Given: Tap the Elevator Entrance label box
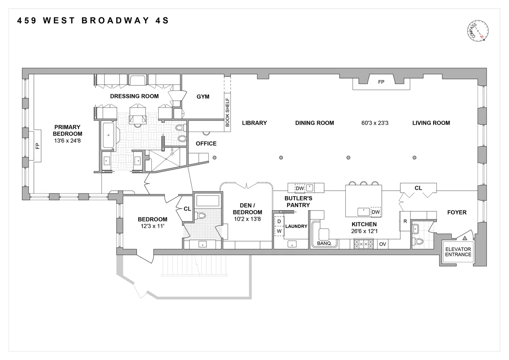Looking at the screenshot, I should [x=458, y=252].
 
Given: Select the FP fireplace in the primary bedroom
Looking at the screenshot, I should [x=37, y=145].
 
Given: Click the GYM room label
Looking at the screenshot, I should [x=203, y=97].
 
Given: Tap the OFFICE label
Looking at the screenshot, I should [x=206, y=143].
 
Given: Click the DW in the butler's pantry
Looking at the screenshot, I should [x=299, y=188].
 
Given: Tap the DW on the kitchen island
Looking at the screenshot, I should [x=375, y=212].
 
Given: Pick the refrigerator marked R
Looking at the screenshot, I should [x=405, y=221].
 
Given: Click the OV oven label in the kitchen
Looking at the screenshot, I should [x=382, y=244].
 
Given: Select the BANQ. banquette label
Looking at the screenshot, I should [x=324, y=244].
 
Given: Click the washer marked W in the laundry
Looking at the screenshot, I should [x=279, y=231].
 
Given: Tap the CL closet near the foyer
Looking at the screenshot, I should [x=418, y=188].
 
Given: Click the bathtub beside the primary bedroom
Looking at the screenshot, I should [x=109, y=135].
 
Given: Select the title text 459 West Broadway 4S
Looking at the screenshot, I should [x=93, y=20].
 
